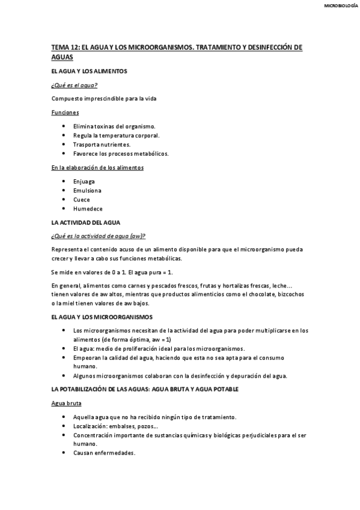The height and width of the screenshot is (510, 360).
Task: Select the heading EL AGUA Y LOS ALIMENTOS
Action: tap(89, 71)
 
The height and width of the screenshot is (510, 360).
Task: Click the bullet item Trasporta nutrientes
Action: tap(102, 144)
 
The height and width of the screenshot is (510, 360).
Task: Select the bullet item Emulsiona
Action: tap(87, 190)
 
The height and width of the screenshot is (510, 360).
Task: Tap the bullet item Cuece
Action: tap(81, 200)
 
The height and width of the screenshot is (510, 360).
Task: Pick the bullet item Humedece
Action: tap(88, 209)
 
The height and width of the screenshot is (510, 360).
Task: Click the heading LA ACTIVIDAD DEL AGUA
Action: tap(86, 223)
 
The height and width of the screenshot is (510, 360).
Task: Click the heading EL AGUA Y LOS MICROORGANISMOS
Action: tap(102, 316)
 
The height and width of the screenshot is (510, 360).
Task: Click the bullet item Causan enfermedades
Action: tap(104, 453)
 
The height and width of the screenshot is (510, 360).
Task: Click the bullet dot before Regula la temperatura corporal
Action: tap(64, 135)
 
